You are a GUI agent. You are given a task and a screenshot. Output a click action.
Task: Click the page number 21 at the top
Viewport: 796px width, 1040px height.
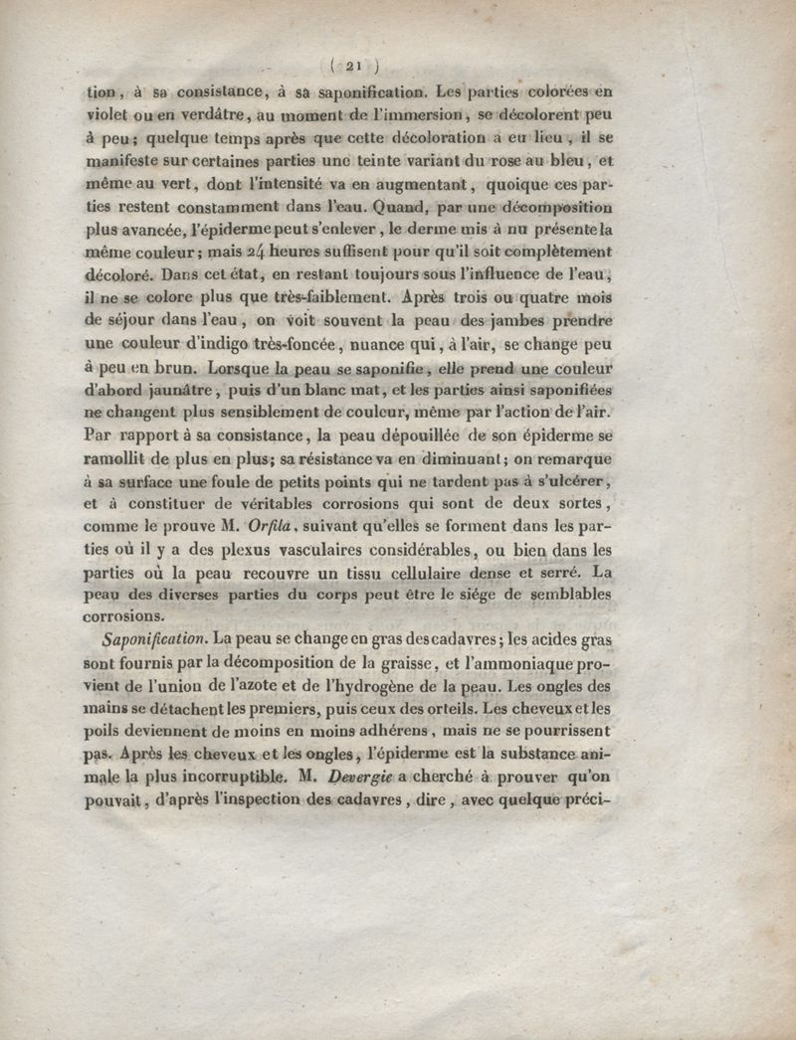pos(355,68)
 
